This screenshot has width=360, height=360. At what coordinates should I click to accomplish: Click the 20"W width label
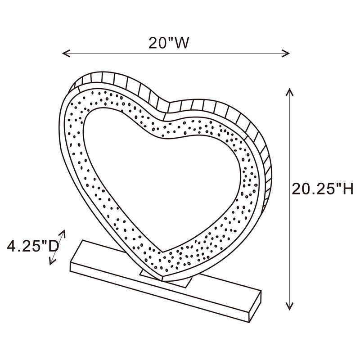(168, 43)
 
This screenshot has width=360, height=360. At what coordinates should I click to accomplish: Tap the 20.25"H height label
(322, 189)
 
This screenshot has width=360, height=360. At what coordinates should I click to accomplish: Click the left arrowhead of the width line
(64, 54)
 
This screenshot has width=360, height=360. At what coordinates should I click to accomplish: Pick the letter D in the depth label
(54, 247)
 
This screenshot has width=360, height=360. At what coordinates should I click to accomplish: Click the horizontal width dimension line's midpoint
(175, 54)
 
